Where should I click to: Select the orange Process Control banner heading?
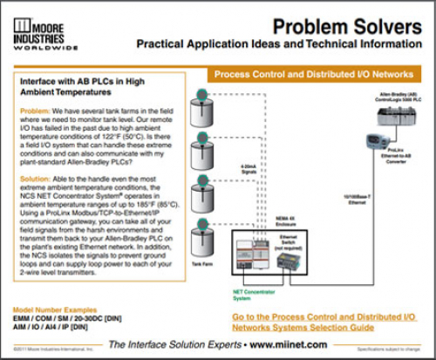312,76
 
